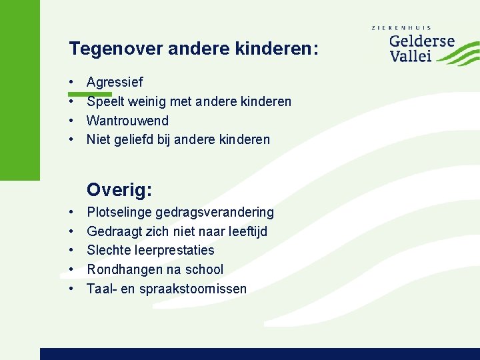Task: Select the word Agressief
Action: (x=115, y=83)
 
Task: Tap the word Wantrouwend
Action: (x=127, y=121)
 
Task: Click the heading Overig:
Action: (x=120, y=191)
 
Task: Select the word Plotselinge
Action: (x=119, y=213)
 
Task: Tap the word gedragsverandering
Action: (x=215, y=213)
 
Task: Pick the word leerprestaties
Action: (x=174, y=251)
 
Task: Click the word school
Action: (x=203, y=270)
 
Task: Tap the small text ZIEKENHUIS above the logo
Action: (x=401, y=28)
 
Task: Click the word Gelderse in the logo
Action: (x=421, y=41)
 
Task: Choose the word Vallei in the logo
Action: (x=411, y=56)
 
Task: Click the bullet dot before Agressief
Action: (x=71, y=83)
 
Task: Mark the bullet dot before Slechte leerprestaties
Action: (x=71, y=251)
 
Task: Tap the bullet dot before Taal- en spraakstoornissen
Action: (x=71, y=289)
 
